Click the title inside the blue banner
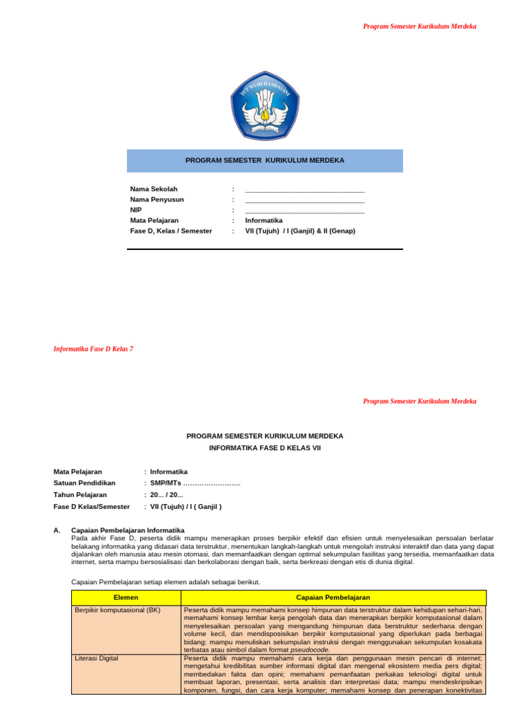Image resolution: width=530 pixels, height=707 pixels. click(x=265, y=160)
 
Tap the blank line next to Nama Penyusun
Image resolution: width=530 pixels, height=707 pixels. click(x=304, y=200)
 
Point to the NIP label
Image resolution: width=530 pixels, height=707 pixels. click(x=136, y=210)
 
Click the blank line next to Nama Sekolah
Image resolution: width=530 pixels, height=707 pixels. click(x=304, y=190)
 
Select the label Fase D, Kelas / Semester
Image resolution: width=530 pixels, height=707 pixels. click(x=171, y=231)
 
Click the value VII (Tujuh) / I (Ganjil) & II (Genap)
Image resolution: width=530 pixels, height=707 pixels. click(x=300, y=231)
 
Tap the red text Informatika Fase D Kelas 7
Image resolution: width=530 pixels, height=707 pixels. click(x=93, y=349)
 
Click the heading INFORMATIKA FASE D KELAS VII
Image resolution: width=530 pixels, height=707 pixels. click(x=265, y=447)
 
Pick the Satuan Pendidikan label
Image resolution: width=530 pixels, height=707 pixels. click(x=84, y=483)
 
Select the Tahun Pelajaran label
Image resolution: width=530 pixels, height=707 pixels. click(x=80, y=495)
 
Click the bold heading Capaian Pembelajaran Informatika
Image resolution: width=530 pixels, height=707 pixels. click(x=128, y=530)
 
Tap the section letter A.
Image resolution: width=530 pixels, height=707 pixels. click(x=57, y=530)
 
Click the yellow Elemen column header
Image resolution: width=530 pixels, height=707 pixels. click(x=126, y=597)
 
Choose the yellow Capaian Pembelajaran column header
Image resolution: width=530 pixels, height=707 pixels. click(x=333, y=597)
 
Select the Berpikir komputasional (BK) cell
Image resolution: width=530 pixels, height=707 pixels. click(x=117, y=610)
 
